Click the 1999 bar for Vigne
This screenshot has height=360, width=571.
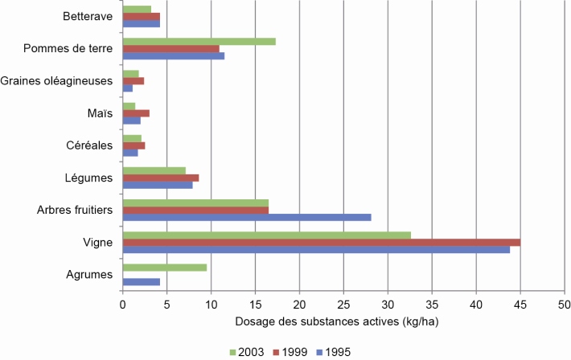pyautogui.click(x=321, y=242)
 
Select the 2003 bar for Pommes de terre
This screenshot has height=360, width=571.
pyautogui.click(x=199, y=41)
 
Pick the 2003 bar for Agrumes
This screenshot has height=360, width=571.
pyautogui.click(x=164, y=267)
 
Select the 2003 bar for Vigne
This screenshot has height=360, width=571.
pyautogui.click(x=266, y=235)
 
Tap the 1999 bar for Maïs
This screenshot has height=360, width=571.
pyautogui.click(x=136, y=113)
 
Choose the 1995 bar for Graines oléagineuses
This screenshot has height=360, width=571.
pyautogui.click(x=127, y=88)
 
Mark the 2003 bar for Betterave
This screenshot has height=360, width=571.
pyautogui.click(x=137, y=10)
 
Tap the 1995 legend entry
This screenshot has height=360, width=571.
pyautogui.click(x=336, y=352)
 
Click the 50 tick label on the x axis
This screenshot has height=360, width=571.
pyautogui.click(x=564, y=305)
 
